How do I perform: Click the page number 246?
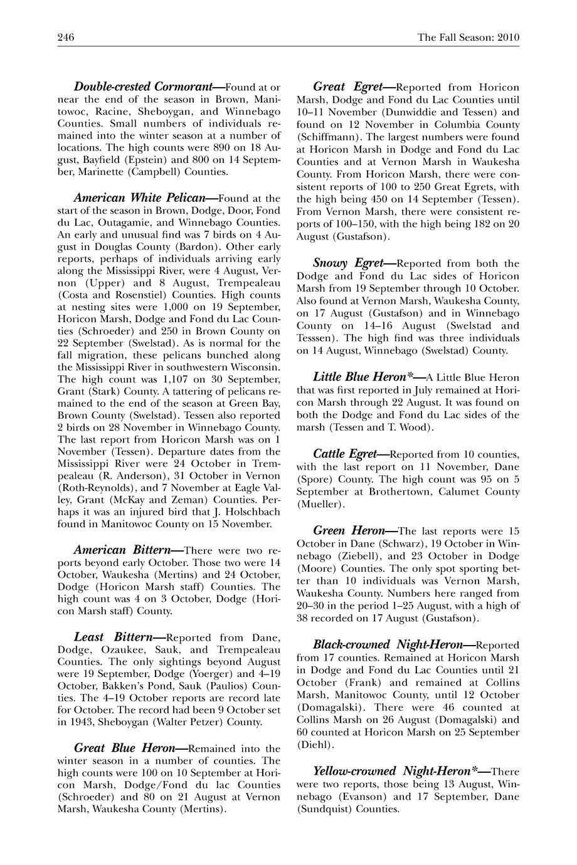point(66,38)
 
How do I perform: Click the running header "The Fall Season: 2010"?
point(468,38)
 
